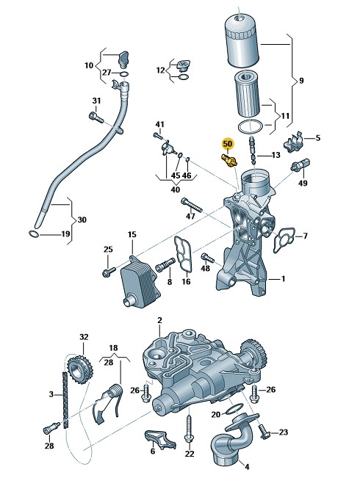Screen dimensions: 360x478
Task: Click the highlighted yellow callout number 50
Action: click(x=228, y=143)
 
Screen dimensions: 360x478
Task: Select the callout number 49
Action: click(x=303, y=183)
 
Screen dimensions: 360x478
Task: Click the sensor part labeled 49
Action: click(x=300, y=164)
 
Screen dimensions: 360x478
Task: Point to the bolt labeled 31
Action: click(x=97, y=117)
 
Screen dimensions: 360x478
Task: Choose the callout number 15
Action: click(x=132, y=234)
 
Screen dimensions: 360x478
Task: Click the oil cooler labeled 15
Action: click(x=140, y=280)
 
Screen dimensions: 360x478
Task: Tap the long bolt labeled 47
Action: click(x=192, y=205)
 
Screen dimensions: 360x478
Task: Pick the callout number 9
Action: click(x=301, y=81)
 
